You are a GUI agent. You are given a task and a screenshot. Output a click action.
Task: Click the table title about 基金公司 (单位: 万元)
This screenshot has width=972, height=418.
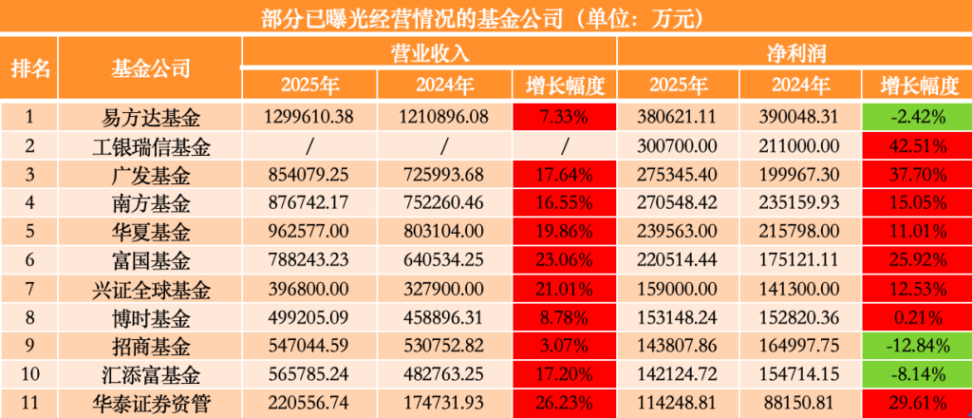(x=486, y=18)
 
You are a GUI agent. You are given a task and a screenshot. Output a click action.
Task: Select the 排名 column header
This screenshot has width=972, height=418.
(x=29, y=68)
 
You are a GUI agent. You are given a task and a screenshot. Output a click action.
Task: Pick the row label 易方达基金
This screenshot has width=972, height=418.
(x=151, y=119)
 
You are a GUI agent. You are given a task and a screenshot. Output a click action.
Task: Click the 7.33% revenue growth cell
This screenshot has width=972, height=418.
(x=564, y=119)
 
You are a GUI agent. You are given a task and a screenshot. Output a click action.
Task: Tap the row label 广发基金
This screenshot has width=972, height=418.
(x=151, y=176)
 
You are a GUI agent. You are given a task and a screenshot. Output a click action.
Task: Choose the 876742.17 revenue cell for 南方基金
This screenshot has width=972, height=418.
(x=310, y=203)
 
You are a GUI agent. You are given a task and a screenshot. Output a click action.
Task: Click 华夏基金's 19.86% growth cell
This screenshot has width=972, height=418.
(x=564, y=232)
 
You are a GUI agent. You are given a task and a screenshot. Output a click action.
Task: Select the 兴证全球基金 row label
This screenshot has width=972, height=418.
(x=151, y=288)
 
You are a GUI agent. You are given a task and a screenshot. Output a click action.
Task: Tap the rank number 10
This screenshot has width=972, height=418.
(x=29, y=372)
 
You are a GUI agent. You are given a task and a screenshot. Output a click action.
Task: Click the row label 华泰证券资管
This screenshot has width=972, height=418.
(x=151, y=401)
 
